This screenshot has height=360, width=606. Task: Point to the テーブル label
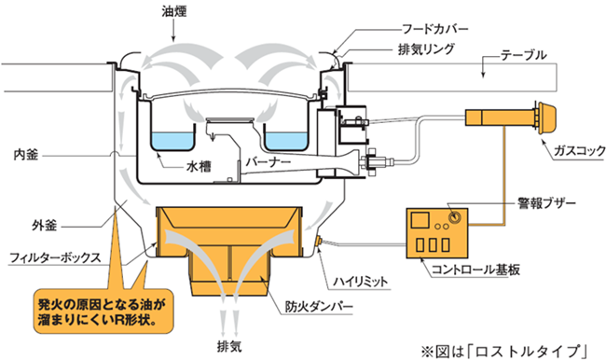pos(523,56)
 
